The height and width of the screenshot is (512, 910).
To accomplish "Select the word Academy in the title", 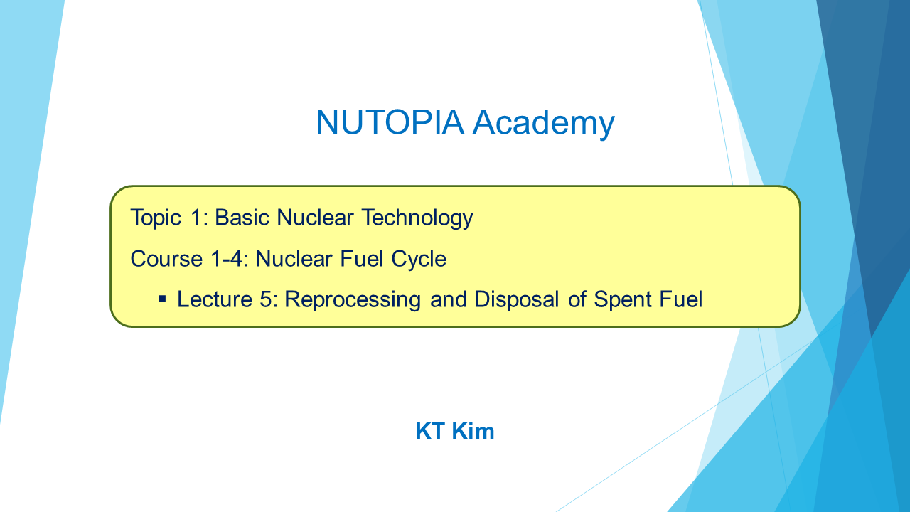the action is (544, 124).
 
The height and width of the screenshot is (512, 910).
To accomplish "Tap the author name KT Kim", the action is (454, 431).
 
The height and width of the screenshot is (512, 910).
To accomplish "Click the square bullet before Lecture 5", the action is (163, 299).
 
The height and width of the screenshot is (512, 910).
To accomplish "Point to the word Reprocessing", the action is (352, 300).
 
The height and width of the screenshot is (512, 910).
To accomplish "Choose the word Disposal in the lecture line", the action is (516, 300).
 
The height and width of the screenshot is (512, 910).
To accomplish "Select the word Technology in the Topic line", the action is (417, 218).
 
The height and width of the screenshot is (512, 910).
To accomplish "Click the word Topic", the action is (156, 218).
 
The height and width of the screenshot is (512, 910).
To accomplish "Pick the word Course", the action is (166, 259).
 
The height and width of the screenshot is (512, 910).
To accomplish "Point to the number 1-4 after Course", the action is (227, 259).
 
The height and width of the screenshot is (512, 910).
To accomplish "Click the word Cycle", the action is (419, 260).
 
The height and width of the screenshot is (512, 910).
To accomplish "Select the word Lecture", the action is (215, 299).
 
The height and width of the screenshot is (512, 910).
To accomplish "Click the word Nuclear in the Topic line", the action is (315, 218).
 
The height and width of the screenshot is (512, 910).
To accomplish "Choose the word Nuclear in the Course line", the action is (294, 259).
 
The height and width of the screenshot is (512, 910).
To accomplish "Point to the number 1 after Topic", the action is (196, 218).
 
